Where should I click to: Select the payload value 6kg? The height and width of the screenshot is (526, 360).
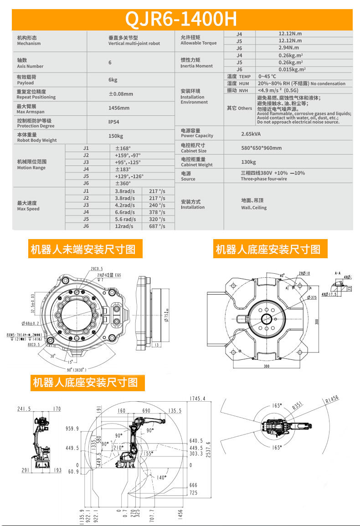pos(113,80)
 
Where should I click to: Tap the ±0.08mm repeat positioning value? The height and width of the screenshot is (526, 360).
pos(121,94)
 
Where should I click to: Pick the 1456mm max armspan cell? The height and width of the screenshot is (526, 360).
pos(118,108)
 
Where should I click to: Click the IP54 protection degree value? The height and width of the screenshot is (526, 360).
pos(114,122)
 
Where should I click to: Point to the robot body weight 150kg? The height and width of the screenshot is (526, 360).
pos(116,136)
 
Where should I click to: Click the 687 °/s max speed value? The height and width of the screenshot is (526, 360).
pos(157,226)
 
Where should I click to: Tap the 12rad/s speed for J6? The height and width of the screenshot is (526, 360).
pos(124,226)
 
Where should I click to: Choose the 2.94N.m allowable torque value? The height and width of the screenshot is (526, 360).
pos(288,47)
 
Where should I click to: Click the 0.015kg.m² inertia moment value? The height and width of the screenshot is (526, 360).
pos(292,69)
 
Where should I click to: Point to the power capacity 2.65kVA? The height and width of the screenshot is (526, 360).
pos(251,134)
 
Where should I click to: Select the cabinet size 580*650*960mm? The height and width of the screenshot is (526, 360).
pos(261,148)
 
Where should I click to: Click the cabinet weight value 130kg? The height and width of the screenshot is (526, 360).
pos(248,162)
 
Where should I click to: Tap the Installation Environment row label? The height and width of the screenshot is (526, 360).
pos(194,97)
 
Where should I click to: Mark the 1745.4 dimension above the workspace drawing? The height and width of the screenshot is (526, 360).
pos(197,398)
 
